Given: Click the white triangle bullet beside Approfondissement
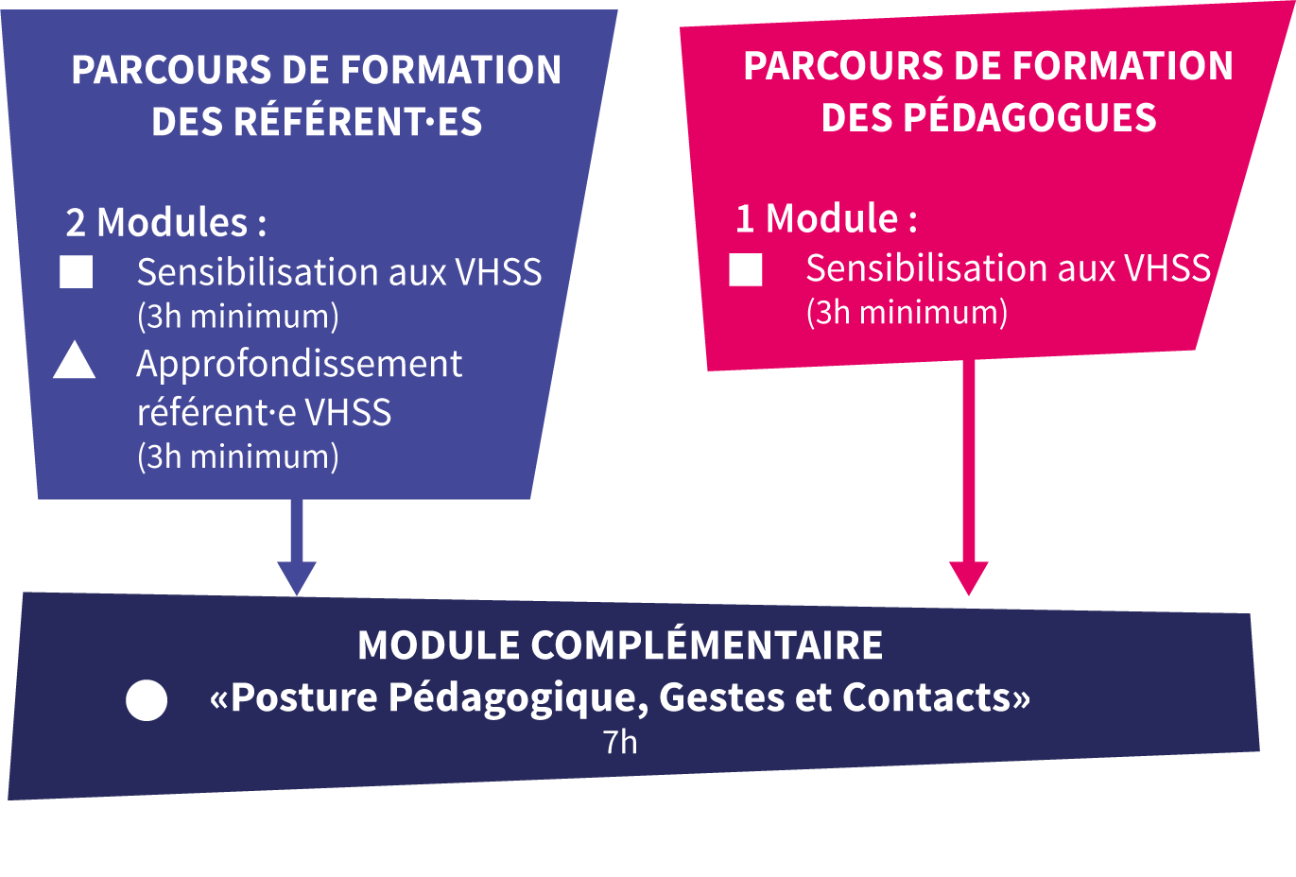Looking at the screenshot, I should [x=75, y=363].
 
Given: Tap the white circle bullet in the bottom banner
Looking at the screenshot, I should [x=147, y=700].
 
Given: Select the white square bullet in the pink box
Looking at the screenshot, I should [x=746, y=269].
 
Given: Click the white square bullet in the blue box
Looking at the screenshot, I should [x=77, y=272].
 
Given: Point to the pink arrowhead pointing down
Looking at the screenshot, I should [x=968, y=577].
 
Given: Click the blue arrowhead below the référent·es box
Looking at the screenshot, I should [x=297, y=577].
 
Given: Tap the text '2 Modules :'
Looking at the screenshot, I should [x=166, y=223].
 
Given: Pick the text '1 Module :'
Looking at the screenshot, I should [x=826, y=219].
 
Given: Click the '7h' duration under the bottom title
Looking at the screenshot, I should [x=620, y=743].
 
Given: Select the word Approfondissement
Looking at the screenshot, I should [x=300, y=364].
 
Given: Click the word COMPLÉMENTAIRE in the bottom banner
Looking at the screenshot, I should [x=706, y=645].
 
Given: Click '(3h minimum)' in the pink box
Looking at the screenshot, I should [x=907, y=312].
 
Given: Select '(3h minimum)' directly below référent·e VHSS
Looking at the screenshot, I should [x=238, y=456].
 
